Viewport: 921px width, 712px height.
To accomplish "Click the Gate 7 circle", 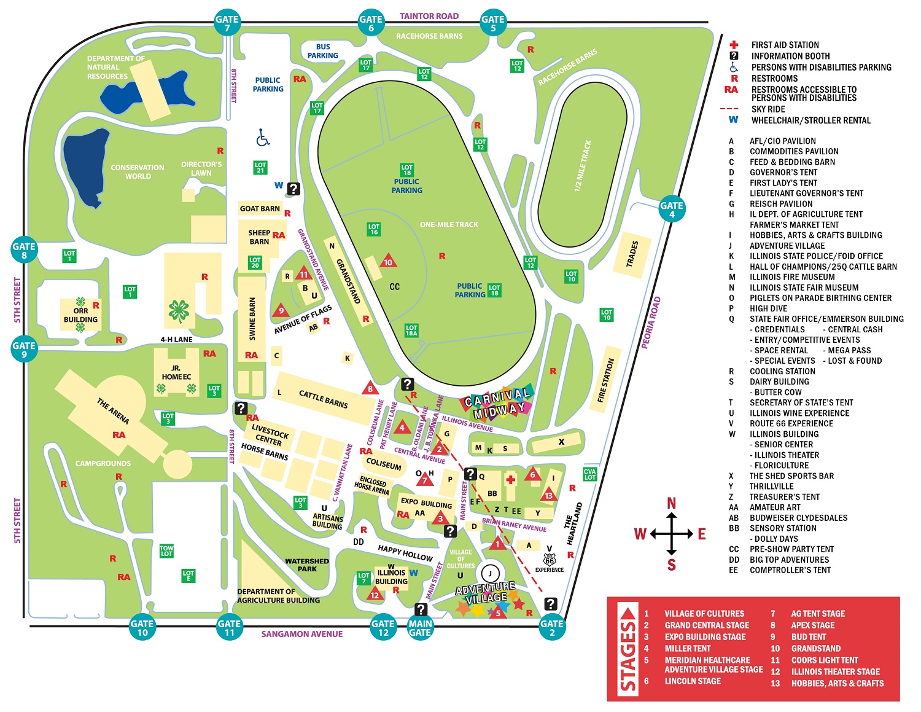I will pyautogui.click(x=227, y=23).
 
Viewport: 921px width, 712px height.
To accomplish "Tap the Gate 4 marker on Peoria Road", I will pyautogui.click(x=671, y=209).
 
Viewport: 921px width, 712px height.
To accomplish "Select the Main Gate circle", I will pyautogui.click(x=420, y=627).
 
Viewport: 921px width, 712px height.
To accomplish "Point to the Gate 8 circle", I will pyautogui.click(x=24, y=251).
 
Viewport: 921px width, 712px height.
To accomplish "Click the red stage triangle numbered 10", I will pyautogui.click(x=388, y=261).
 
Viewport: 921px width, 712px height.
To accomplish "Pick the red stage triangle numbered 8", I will pyautogui.click(x=370, y=388).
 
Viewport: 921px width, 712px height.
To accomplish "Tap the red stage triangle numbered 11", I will pyautogui.click(x=303, y=273).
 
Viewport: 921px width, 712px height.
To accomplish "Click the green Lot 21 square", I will pyautogui.click(x=260, y=167).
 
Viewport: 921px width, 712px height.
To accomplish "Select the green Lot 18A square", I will pyautogui.click(x=411, y=331).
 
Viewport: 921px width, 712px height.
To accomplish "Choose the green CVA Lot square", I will pyautogui.click(x=589, y=474).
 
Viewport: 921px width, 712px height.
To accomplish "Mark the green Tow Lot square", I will pyautogui.click(x=166, y=550).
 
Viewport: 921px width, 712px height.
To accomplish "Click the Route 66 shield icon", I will pyautogui.click(x=549, y=560).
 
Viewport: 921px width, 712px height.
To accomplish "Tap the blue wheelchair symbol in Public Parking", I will pyautogui.click(x=263, y=138).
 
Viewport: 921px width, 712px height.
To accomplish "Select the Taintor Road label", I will pyautogui.click(x=429, y=16).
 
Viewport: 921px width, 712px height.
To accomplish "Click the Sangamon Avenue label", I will pyautogui.click(x=301, y=634).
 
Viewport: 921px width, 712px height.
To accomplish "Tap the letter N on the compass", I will pyautogui.click(x=671, y=504).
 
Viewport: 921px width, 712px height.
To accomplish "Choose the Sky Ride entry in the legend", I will pyautogui.click(x=768, y=109).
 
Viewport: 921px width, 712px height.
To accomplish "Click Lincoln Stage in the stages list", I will pyautogui.click(x=693, y=681).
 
